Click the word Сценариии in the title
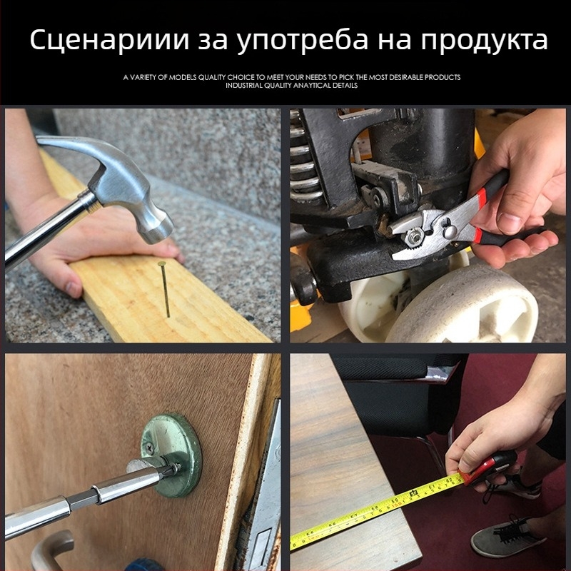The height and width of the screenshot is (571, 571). [x=110, y=39]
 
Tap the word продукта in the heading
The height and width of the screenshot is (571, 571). [x=485, y=41]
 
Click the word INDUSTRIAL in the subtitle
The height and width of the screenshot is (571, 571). [x=243, y=86]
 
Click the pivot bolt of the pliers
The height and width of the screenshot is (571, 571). [x=450, y=231]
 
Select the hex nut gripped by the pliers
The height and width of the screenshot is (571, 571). [x=413, y=236]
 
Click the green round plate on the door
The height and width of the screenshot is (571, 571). [x=171, y=455]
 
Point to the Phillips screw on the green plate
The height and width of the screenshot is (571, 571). [x=149, y=448]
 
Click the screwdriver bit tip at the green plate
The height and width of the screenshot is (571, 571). [x=174, y=469]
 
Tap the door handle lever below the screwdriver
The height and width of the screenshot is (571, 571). [x=51, y=550]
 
